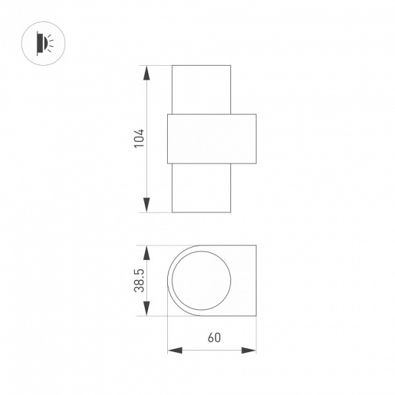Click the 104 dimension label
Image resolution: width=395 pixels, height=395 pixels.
point(140,138)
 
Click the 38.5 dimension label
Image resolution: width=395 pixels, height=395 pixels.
point(140,280)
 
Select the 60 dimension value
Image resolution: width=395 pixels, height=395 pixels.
point(214,338)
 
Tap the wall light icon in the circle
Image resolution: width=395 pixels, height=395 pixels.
point(45,43)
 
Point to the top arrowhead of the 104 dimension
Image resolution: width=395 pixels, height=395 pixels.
point(147,73)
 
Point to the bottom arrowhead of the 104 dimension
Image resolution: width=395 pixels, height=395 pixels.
point(147,205)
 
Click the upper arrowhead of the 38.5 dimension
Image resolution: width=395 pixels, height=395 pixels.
point(147,252)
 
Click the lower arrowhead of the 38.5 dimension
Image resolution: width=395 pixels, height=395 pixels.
point(147,309)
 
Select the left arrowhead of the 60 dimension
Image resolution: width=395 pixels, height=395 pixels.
point(175,350)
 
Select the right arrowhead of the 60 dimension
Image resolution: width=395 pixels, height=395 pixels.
point(249,350)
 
